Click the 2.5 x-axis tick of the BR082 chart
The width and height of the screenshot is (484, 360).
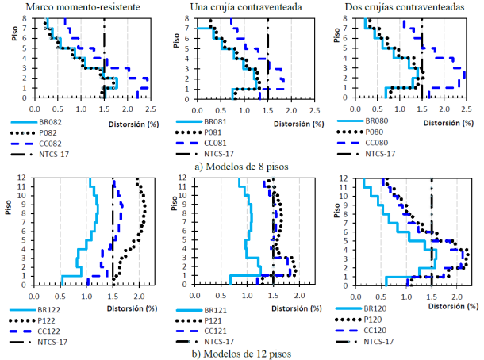tap(150, 107)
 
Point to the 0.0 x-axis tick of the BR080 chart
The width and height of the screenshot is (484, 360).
tap(351, 107)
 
